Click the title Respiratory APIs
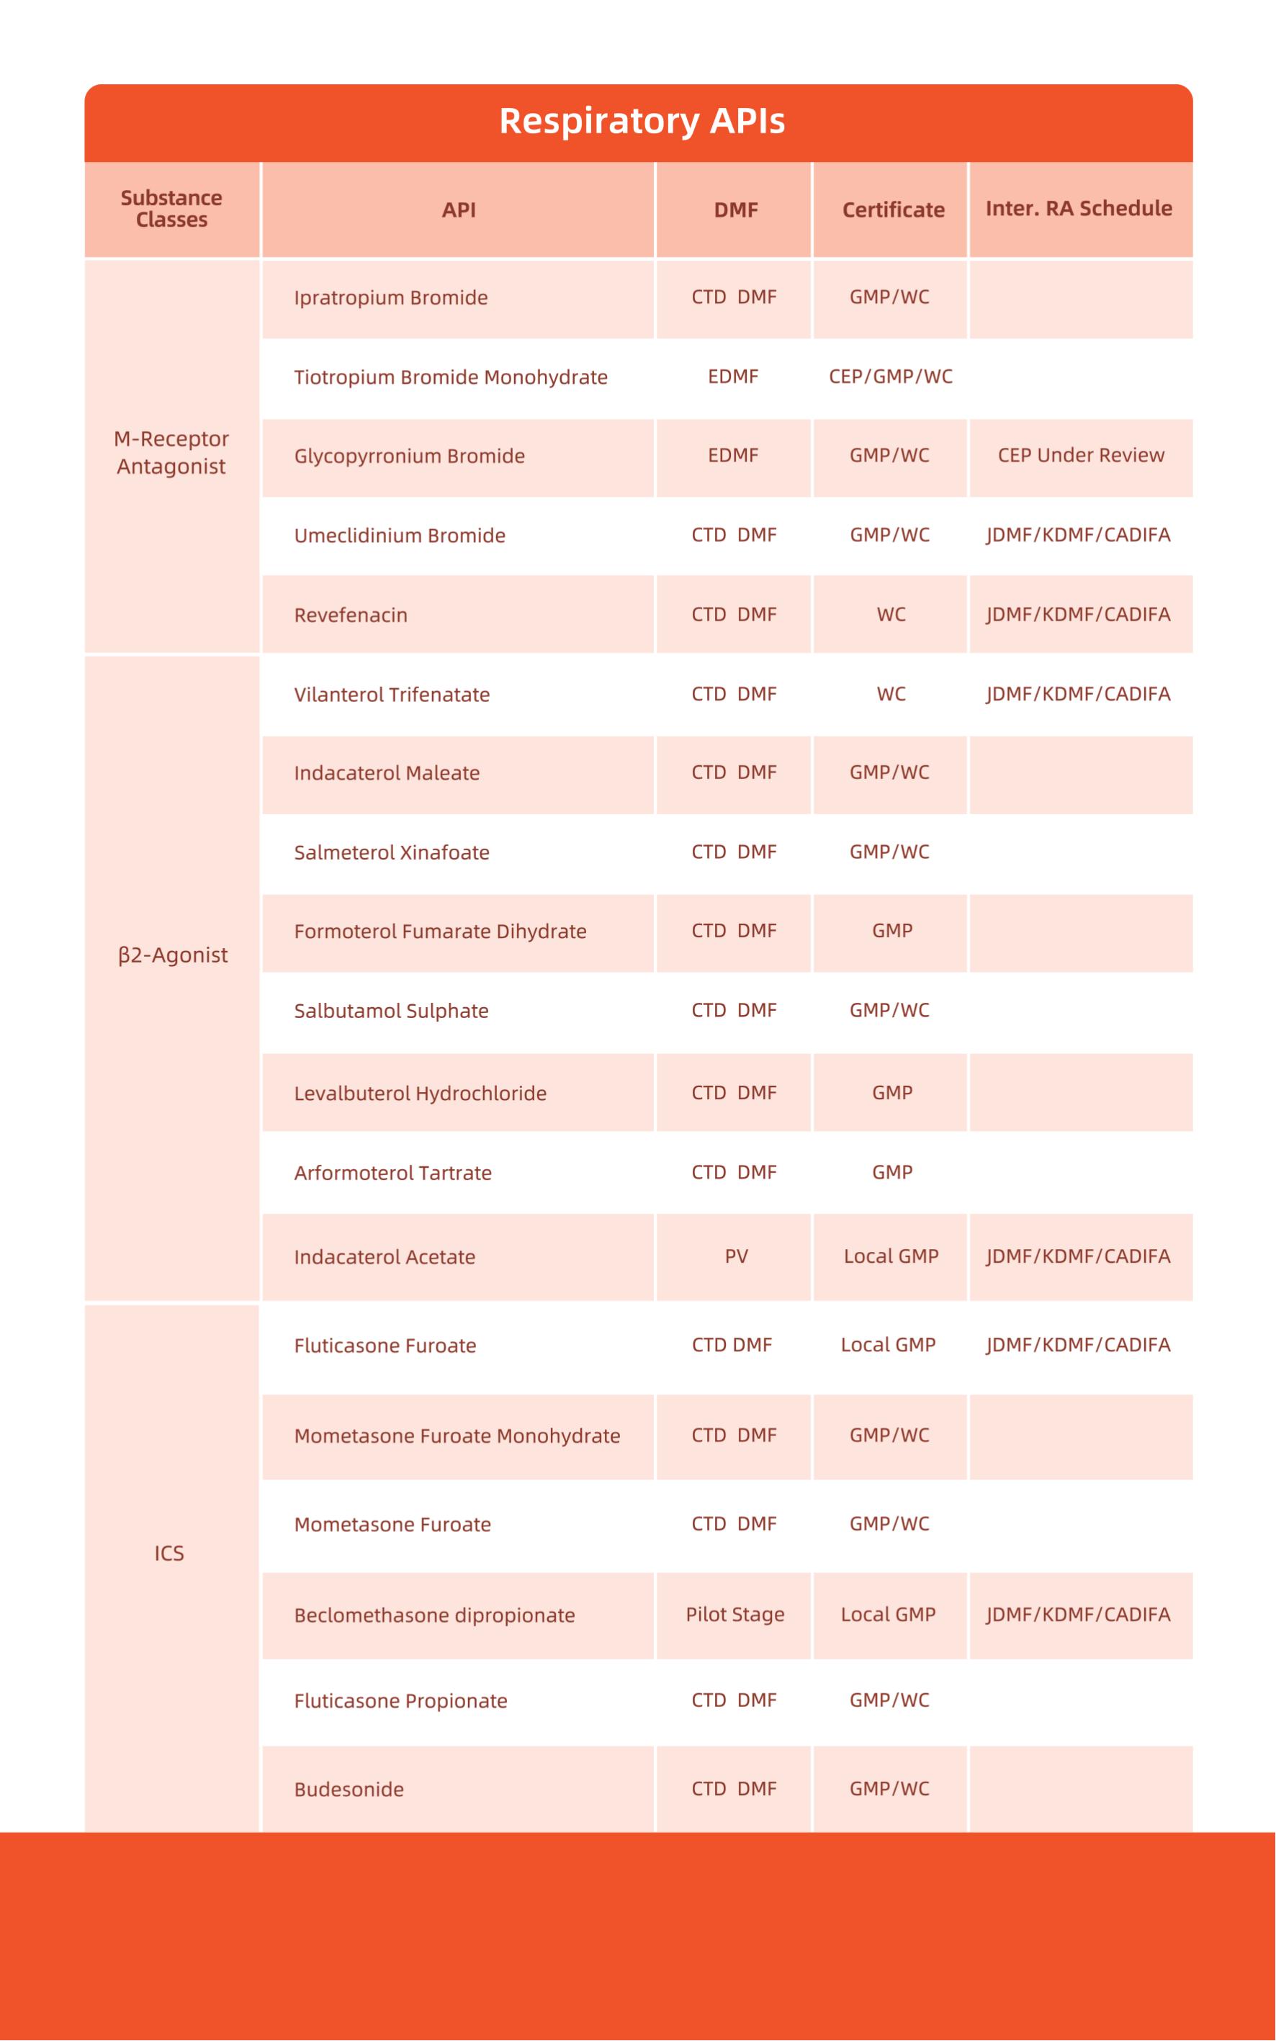[x=642, y=122]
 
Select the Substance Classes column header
[x=171, y=208]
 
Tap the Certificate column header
[x=893, y=210]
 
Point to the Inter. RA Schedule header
[x=1079, y=208]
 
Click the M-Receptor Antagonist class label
[x=171, y=452]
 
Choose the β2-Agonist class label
[x=173, y=955]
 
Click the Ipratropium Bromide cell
[x=391, y=298]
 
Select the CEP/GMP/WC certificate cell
[x=890, y=377]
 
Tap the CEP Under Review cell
[x=1080, y=456]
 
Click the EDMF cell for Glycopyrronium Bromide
[x=732, y=456]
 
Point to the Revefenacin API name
[x=350, y=615]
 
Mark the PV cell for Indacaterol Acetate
[x=736, y=1256]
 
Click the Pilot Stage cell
[x=734, y=1614]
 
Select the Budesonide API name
[x=349, y=1789]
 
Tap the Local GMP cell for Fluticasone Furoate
[x=888, y=1345]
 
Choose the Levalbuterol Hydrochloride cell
[x=421, y=1094]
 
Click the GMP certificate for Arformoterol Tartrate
[x=892, y=1172]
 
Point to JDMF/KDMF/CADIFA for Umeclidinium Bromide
[x=1078, y=535]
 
